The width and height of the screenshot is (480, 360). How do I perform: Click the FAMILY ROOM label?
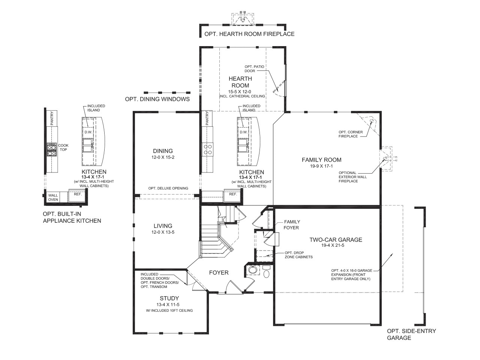321,160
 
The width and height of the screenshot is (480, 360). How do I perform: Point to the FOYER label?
219,273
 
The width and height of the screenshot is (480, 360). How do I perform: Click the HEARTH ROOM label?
240,82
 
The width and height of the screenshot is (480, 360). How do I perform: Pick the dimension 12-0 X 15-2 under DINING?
163,157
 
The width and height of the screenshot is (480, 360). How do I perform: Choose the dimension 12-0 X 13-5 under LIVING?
163,232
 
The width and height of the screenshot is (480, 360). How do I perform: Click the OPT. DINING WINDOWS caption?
157,99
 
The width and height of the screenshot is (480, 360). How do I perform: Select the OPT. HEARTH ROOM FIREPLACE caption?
249,34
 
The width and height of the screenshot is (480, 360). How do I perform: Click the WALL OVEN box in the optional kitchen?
53,197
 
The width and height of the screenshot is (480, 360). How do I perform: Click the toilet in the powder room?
266,273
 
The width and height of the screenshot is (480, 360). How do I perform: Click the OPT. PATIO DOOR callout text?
254,69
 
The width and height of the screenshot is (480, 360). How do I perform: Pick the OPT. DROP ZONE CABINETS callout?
298,255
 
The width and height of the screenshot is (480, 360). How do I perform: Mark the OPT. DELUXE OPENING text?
168,188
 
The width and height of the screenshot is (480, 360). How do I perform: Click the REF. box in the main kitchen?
233,194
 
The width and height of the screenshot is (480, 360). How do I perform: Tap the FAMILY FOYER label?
292,225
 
